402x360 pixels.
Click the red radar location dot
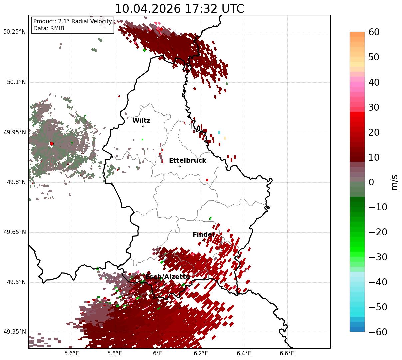52,143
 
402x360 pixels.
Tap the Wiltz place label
141,120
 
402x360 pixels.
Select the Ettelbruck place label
188,160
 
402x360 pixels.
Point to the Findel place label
203,234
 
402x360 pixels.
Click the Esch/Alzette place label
168,277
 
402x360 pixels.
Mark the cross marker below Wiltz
143,126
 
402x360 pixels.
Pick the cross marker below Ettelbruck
180,166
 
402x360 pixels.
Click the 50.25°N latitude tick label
14,32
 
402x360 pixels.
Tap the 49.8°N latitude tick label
16,182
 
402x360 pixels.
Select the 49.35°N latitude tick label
14,332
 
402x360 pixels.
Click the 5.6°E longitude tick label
71,353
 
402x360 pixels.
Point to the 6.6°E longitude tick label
287,353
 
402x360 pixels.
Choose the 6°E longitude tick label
158,353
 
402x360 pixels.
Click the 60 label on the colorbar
374,32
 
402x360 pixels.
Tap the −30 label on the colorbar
378,257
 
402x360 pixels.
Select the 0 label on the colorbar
371,182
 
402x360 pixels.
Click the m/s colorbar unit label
394,182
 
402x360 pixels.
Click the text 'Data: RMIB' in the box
49,28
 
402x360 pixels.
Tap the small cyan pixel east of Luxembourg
219,132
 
